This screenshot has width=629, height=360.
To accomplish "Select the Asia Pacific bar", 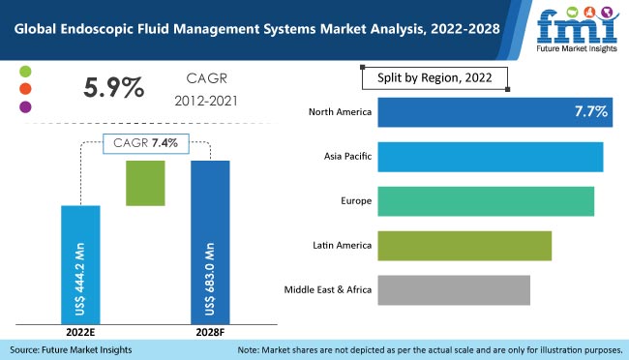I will point(490,157).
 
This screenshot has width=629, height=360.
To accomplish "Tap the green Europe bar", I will point(486,201).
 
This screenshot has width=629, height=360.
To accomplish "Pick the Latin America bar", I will point(464,246).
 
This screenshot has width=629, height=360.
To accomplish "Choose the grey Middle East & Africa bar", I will point(454,289).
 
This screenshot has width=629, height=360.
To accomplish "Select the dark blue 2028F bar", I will point(210,241).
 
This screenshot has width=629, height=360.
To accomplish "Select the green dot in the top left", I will point(26,72).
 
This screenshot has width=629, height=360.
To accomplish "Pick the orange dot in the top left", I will point(26,89).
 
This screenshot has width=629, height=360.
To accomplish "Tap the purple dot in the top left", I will point(26,106).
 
